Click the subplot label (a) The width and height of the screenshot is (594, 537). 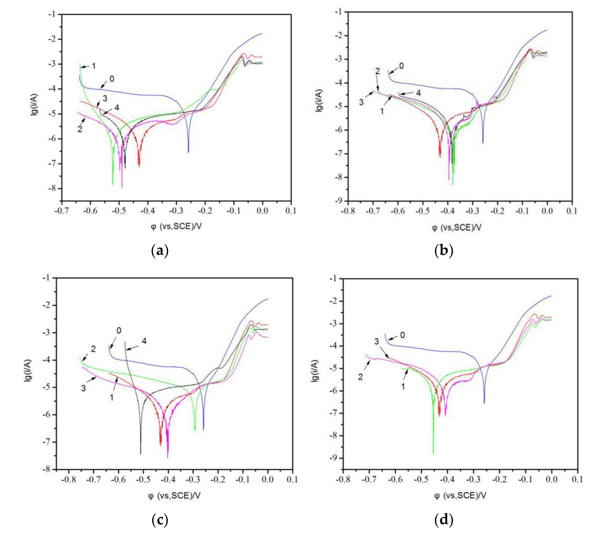[x=160, y=251]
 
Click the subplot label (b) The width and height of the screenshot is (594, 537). [x=444, y=251]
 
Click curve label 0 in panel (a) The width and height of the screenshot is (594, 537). [x=112, y=79]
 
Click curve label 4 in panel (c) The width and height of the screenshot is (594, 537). [x=144, y=341]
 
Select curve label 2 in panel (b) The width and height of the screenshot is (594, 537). [x=377, y=71]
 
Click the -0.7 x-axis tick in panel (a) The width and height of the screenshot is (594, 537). [x=62, y=211]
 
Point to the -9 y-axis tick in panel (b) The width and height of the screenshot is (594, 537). [x=339, y=201]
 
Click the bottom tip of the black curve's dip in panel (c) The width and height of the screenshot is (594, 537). [x=141, y=454]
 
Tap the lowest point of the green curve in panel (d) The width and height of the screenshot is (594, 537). [x=433, y=453]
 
